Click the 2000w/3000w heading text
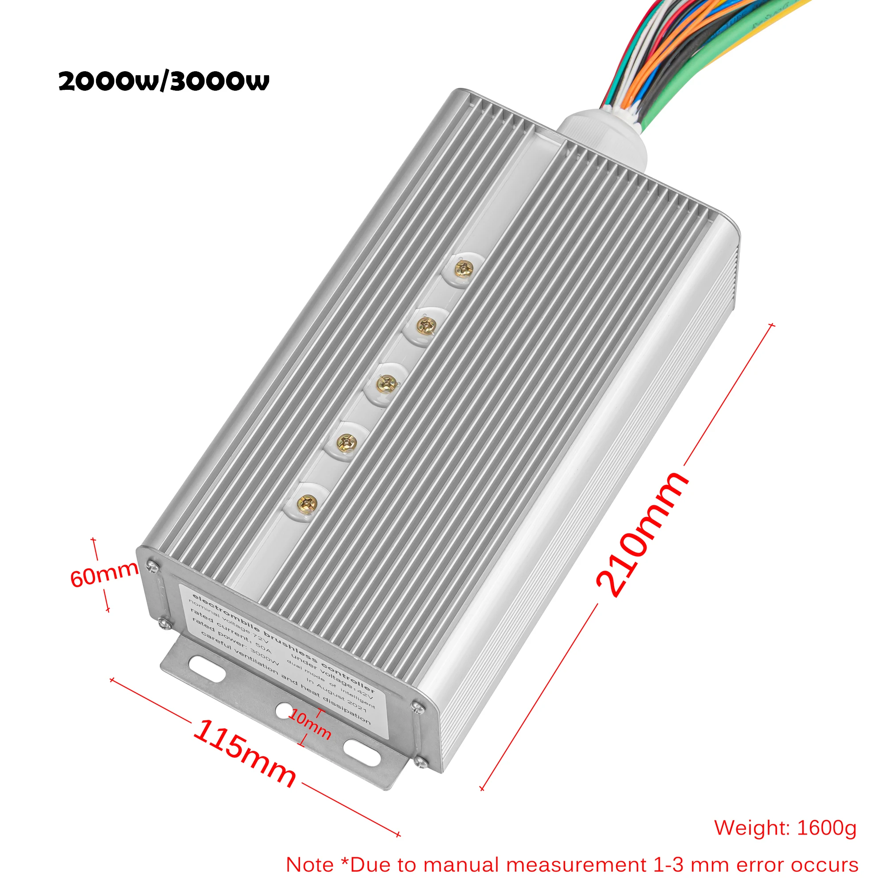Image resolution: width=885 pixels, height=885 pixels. pyautogui.click(x=164, y=81)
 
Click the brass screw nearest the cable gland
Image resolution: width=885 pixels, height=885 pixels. pyautogui.click(x=464, y=269)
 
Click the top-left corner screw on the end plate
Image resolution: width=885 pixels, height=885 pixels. pyautogui.click(x=153, y=567)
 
